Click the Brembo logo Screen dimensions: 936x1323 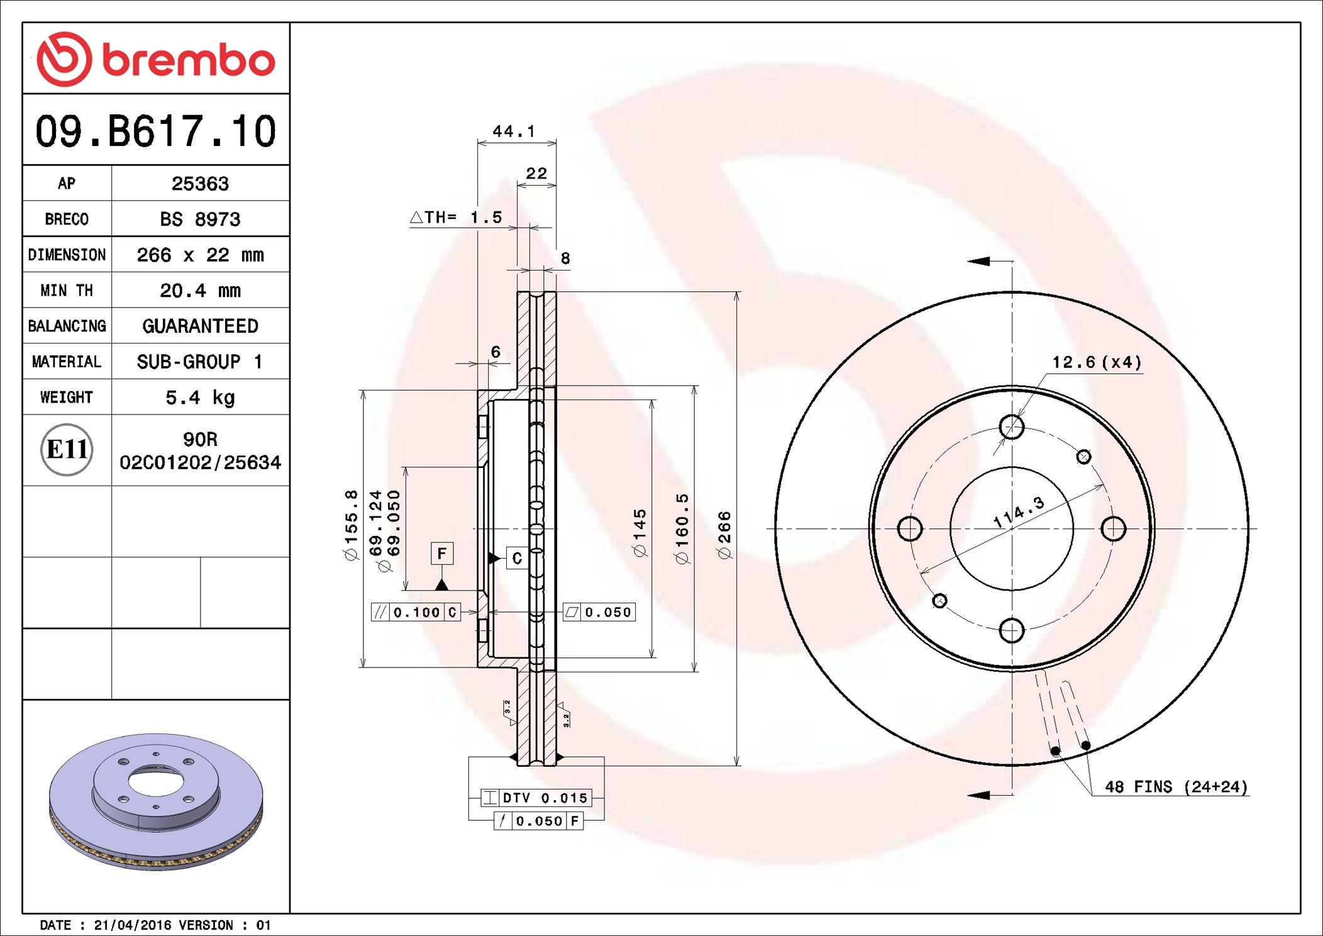pos(156,59)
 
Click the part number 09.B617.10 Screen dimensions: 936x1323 pos(156,131)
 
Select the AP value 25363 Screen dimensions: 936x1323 pos(200,184)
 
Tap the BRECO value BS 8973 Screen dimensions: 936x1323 pos(200,220)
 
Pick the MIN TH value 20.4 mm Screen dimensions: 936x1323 pos(200,291)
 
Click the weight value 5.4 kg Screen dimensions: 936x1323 pos(200,398)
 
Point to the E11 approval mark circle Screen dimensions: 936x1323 pos(67,450)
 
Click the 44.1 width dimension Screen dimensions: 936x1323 pos(514,131)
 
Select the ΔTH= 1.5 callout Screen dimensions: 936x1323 pos(457,218)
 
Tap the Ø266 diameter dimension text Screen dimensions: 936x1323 pos(724,535)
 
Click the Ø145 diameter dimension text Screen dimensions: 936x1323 pos(639,532)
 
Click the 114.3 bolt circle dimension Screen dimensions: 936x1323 pos(1019,511)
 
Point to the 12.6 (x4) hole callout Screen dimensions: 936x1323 pos(1097,362)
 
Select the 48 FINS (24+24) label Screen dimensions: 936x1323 pos(1176,787)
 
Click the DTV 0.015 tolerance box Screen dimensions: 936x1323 pos(536,798)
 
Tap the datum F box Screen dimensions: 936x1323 pos(441,554)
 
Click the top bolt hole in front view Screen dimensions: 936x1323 pos(1011,427)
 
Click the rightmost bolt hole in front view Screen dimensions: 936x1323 pos(1114,528)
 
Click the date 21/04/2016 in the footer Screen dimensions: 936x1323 pos(132,925)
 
